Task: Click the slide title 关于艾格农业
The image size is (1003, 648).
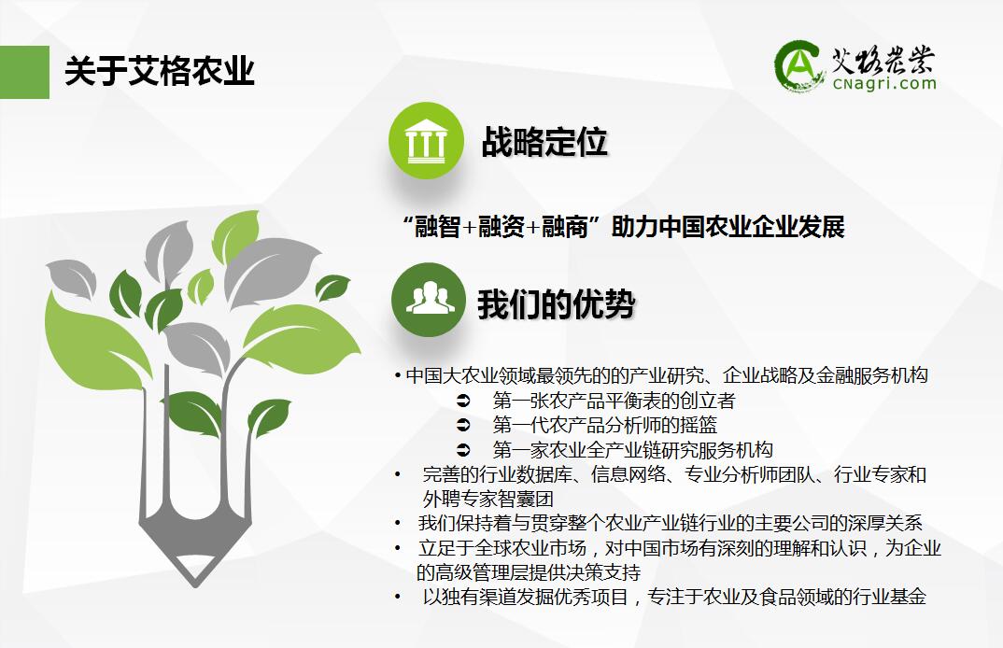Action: (160, 71)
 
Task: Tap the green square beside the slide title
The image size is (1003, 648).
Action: (24, 72)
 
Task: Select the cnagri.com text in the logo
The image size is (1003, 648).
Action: (884, 83)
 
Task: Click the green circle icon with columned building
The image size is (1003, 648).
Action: (426, 140)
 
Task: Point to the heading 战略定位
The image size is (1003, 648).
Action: (544, 141)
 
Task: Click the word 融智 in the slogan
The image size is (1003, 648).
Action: (438, 227)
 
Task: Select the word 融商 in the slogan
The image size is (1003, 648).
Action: (565, 227)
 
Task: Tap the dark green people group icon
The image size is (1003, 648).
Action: (429, 300)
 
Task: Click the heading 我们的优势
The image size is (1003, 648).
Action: (556, 303)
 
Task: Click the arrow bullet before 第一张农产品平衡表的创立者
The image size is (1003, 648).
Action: (463, 401)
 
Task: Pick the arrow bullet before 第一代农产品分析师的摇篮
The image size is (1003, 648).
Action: (463, 425)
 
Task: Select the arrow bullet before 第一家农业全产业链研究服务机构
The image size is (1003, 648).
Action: (463, 450)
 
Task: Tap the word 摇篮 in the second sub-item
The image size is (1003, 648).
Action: (699, 425)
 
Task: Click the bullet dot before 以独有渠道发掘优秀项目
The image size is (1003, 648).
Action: (398, 597)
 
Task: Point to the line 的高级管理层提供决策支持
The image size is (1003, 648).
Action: (529, 572)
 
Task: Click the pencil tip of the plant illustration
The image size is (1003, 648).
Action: (194, 580)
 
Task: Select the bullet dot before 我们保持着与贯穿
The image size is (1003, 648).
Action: (398, 523)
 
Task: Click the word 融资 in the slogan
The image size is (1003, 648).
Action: (501, 227)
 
